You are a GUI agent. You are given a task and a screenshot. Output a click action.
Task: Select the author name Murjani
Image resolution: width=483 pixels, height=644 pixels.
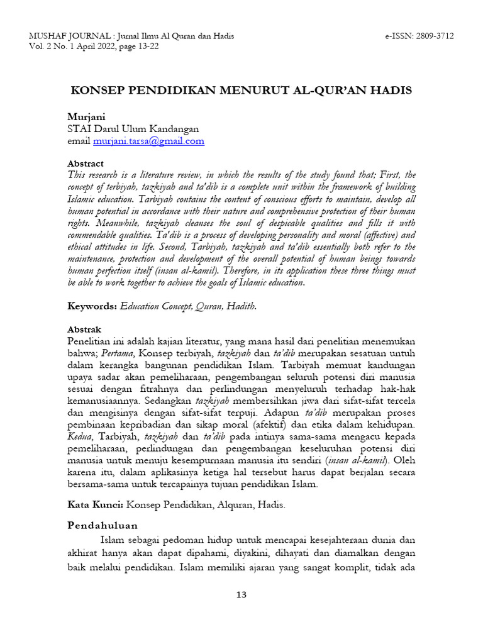[x=86, y=118]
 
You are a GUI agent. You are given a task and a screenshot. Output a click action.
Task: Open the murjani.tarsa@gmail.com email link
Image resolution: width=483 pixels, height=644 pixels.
[x=148, y=141]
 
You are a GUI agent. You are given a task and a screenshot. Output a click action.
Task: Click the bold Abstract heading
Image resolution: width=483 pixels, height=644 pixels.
[x=86, y=164]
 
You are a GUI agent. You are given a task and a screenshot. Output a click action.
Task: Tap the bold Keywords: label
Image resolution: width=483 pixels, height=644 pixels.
[x=92, y=306]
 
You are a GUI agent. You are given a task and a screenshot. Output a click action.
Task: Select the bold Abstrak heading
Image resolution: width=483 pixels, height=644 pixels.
[x=84, y=330]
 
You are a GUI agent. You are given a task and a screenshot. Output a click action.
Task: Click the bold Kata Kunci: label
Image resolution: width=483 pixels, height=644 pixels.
[x=96, y=504]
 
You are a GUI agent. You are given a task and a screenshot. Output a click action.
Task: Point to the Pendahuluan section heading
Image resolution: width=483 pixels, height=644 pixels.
[x=103, y=526]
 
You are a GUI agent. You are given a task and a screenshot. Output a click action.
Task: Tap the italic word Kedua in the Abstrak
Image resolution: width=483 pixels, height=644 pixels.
[x=80, y=437]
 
